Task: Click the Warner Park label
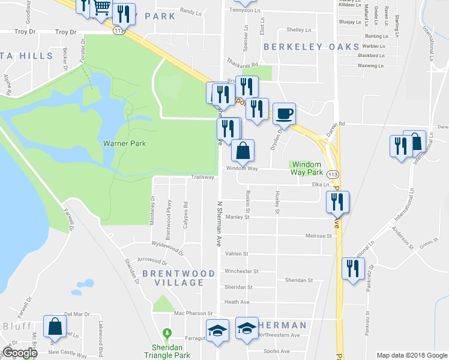coord(124,143)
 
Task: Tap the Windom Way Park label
coord(306,168)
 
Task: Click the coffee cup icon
coord(285,113)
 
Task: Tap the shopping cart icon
coord(102,8)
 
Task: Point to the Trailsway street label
coord(202,177)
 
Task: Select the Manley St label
coord(237,217)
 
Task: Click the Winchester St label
coord(241,271)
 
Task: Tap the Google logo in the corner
coord(19,353)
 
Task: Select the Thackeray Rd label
coord(242,62)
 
